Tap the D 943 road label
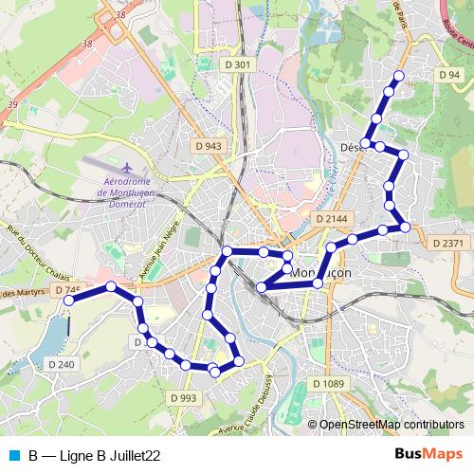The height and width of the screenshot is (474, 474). tap(207, 146)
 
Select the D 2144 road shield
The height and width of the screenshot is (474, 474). tap(331, 218)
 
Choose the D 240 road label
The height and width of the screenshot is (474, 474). tap(59, 364)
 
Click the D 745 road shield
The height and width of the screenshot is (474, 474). tap(68, 289)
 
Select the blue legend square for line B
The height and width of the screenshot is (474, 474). tap(13, 455)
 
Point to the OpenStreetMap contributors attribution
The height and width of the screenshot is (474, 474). tap(392, 425)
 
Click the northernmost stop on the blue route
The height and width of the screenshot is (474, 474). tap(398, 76)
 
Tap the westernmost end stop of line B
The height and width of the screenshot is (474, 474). tap(68, 301)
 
